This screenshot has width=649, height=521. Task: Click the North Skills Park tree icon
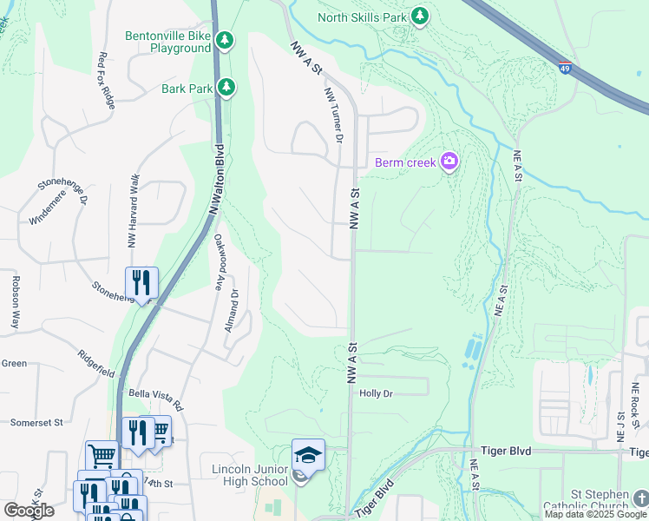(420, 16)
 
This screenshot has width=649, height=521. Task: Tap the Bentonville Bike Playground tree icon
(225, 41)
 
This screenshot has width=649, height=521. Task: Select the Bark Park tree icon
(226, 87)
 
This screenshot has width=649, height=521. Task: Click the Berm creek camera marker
(449, 162)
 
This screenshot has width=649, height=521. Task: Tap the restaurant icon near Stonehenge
(141, 282)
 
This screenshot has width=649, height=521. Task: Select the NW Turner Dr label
(334, 115)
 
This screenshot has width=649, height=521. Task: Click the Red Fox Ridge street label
(106, 80)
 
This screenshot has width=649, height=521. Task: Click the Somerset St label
(37, 423)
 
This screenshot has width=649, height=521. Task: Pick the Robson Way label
(16, 301)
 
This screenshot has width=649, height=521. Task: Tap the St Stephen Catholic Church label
(598, 499)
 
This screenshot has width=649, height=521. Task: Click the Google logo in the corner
(29, 511)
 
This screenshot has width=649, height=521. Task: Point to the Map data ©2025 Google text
(595, 514)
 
